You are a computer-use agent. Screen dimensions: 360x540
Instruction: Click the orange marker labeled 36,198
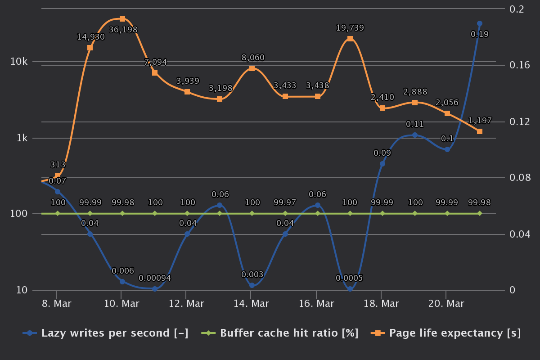point(122,19)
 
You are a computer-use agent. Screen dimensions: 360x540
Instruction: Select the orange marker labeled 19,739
point(350,39)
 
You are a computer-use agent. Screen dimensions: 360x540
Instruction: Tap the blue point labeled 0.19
point(480,23)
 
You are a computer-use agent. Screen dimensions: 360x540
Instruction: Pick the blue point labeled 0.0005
point(350,289)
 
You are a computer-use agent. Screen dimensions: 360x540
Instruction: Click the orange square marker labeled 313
point(58,175)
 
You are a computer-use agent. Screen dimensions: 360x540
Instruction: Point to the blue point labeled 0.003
point(252,285)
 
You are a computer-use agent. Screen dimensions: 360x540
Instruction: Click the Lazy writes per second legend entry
point(106,333)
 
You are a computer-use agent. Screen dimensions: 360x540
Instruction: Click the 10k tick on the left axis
point(19,62)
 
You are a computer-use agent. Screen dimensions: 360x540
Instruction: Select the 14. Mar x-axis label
point(251,304)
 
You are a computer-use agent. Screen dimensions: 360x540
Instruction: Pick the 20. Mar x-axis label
point(446,304)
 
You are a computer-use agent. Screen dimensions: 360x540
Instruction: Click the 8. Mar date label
point(56,304)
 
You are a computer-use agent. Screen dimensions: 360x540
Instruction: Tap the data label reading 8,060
point(253,58)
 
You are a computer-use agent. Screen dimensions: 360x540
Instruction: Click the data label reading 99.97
point(285,202)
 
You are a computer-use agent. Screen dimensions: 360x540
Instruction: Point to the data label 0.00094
point(155,278)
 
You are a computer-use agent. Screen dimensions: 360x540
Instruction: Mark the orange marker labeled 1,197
point(480,131)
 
